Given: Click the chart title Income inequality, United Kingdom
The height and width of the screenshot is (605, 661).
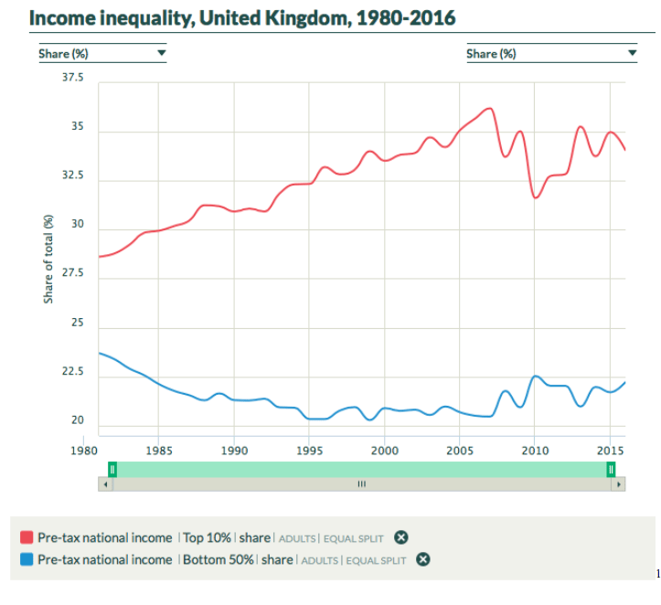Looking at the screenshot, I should click(x=242, y=18).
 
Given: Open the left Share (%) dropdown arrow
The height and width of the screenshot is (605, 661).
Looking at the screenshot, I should click(x=162, y=53).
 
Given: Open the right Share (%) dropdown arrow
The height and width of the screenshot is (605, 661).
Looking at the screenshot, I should click(x=632, y=53).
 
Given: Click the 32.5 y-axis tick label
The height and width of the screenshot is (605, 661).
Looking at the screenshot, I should click(x=71, y=176).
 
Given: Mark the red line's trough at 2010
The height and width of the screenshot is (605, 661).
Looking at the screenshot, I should click(x=536, y=197).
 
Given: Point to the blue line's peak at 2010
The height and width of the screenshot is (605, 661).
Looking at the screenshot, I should click(x=536, y=376).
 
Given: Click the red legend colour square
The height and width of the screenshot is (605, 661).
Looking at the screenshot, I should click(x=26, y=537).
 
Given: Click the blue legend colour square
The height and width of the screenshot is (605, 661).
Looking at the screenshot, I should click(x=26, y=559).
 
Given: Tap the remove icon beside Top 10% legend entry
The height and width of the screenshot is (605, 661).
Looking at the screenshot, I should click(x=400, y=537).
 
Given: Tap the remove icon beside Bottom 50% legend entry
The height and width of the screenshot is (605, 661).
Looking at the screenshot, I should click(x=423, y=559).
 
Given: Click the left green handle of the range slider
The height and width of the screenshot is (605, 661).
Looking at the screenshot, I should click(x=112, y=469).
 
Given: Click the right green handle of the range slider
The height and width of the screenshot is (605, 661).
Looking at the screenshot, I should click(x=611, y=469).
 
